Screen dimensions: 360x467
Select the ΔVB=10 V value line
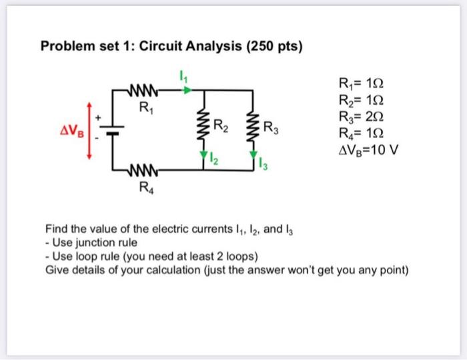point(368,149)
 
